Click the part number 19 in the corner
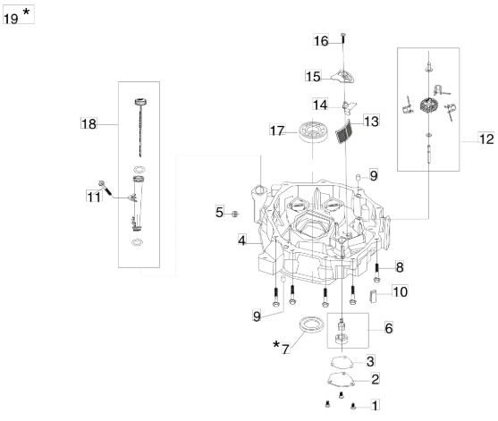point(11,19)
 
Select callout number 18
point(89,123)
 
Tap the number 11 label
point(94,197)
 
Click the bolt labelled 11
point(106,188)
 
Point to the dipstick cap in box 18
point(140,102)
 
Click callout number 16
point(321,40)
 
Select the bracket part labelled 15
point(343,77)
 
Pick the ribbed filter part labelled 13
point(343,131)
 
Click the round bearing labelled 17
point(313,131)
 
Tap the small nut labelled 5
point(235,214)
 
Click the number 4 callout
point(242,240)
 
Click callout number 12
point(486,139)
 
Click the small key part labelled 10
point(373,296)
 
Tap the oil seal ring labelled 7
point(313,324)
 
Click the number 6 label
point(389,328)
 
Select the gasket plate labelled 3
point(342,362)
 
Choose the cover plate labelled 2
point(341,379)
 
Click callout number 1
point(376,406)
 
